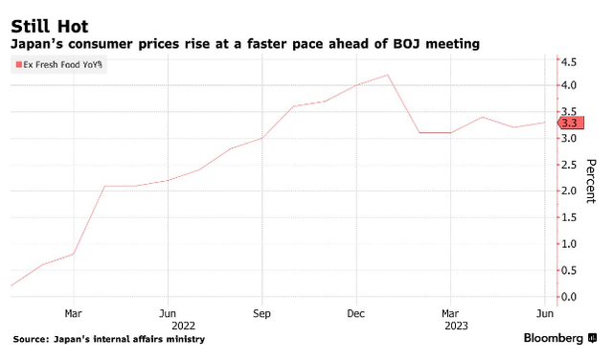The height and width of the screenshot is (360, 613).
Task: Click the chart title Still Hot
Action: (x=50, y=27)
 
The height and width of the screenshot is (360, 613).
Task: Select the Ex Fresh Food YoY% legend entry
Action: (x=59, y=64)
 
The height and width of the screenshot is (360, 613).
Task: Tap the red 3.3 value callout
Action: (x=571, y=123)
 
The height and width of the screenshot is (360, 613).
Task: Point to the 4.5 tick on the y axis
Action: (x=568, y=62)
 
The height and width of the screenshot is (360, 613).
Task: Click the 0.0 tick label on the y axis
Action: (x=568, y=297)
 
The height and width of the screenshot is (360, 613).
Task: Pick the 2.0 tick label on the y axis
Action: (x=568, y=191)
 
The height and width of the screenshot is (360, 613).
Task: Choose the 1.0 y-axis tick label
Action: (x=568, y=244)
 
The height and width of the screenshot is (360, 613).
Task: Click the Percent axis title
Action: (x=591, y=181)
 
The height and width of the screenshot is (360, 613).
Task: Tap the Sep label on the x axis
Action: (x=261, y=313)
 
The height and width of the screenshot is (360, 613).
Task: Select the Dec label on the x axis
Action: (x=355, y=313)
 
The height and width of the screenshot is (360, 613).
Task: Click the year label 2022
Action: (x=183, y=326)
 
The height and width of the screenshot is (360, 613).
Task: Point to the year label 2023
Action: (x=456, y=326)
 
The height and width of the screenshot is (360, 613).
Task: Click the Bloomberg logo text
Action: (x=554, y=338)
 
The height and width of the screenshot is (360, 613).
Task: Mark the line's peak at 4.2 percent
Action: (x=387, y=75)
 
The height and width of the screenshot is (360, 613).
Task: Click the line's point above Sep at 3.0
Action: (x=261, y=138)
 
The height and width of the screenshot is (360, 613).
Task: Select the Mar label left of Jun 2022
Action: (x=73, y=313)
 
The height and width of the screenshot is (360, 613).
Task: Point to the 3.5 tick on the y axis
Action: (x=568, y=112)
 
